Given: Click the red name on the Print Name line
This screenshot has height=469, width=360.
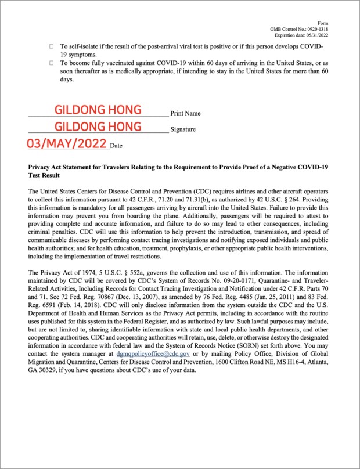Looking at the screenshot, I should pyautogui.click(x=98, y=110).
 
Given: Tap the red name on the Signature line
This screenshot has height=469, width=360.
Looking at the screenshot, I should pyautogui.click(x=98, y=127).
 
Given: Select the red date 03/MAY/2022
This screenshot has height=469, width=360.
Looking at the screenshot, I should pyautogui.click(x=67, y=143).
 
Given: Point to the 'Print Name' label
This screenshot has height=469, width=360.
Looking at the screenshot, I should pyautogui.click(x=185, y=113).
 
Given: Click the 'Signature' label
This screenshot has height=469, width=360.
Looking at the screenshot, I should pyautogui.click(x=183, y=130).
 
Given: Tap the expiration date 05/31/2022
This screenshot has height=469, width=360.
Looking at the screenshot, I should pyautogui.click(x=315, y=35).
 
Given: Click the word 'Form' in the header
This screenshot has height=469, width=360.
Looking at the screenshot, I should pyautogui.click(x=323, y=23).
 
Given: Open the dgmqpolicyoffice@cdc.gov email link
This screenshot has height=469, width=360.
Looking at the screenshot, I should pyautogui.click(x=153, y=353).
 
